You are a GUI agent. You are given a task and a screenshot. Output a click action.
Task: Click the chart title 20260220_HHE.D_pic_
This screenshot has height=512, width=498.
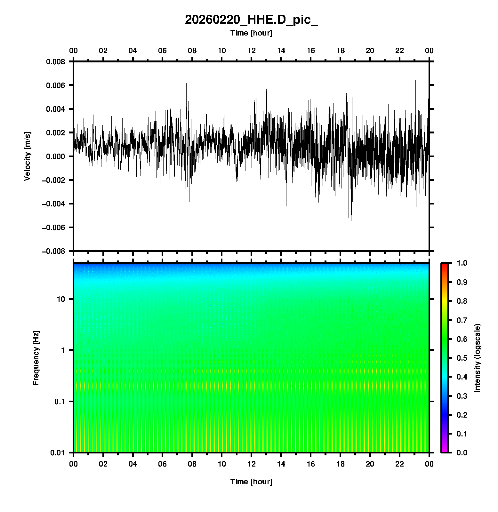251,20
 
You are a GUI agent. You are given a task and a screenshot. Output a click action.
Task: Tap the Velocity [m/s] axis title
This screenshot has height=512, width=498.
28,156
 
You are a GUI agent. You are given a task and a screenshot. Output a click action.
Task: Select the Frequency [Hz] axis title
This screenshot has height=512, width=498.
36,358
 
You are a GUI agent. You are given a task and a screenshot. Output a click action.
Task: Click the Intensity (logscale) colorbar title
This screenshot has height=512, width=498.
478,358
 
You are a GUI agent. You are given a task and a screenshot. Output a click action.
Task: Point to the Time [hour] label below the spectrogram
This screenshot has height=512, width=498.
251,482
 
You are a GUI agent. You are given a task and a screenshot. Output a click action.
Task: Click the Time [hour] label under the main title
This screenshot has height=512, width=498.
251,33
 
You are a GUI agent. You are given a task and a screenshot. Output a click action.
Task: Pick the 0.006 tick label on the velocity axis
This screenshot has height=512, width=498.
55,85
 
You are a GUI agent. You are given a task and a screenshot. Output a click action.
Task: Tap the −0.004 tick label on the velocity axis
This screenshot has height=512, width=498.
53,204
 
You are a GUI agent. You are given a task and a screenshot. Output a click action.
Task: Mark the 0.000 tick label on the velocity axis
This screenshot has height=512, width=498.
55,156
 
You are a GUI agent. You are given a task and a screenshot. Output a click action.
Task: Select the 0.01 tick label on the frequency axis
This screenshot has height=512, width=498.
58,453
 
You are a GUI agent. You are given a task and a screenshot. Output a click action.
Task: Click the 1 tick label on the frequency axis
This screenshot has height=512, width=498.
63,350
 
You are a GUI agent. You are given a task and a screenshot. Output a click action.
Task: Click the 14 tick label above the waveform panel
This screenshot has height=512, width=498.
281,51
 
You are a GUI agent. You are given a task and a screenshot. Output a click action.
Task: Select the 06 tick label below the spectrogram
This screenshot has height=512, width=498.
162,464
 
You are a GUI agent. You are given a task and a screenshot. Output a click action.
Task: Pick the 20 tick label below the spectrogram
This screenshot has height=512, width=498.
370,464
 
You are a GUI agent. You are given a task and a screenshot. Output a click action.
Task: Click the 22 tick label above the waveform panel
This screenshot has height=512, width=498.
400,51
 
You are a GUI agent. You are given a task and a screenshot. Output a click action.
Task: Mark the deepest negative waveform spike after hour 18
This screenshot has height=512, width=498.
351,220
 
